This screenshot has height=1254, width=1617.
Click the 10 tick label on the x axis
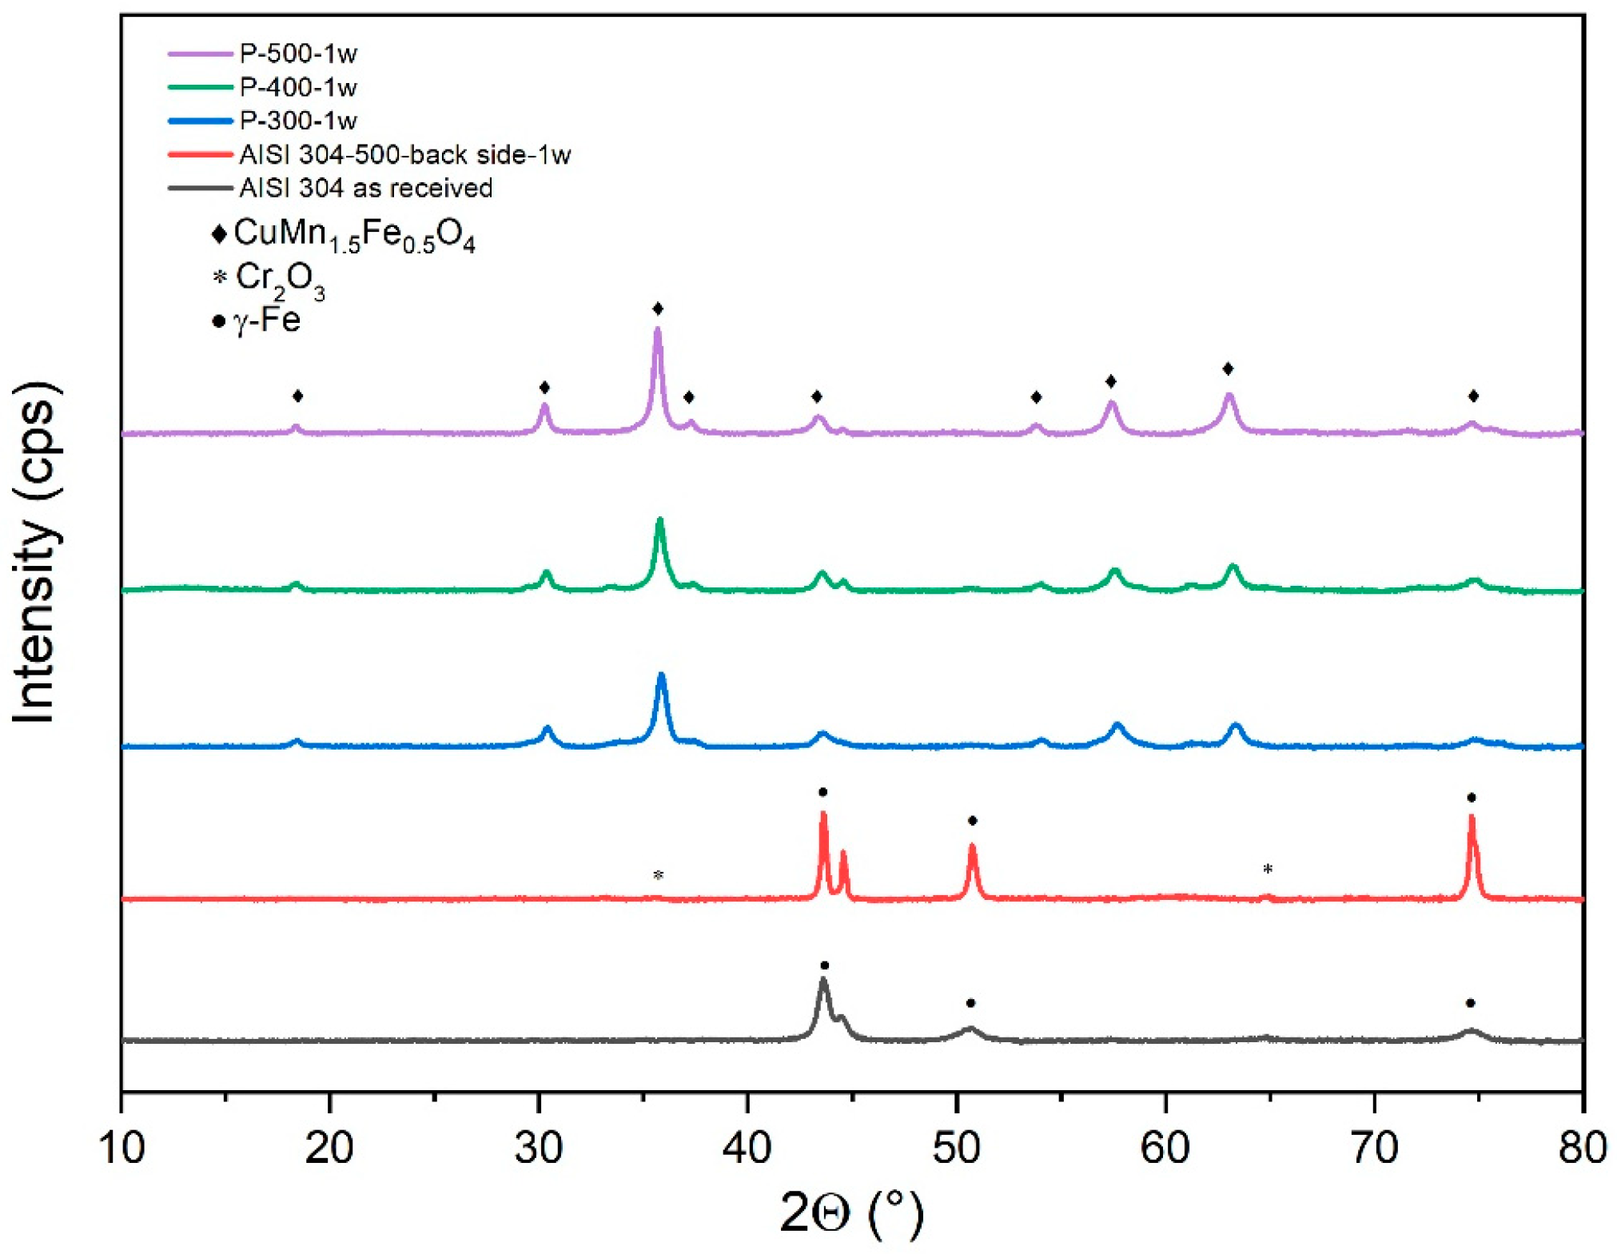pyautogui.click(x=121, y=1148)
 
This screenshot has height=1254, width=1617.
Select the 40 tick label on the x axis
pyautogui.click(x=747, y=1148)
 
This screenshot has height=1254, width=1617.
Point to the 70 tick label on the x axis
pyautogui.click(x=1374, y=1148)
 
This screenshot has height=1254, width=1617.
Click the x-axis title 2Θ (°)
pyautogui.click(x=851, y=1213)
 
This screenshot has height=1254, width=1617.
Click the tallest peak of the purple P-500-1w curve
pyautogui.click(x=658, y=330)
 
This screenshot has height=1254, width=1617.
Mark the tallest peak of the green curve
pyautogui.click(x=660, y=521)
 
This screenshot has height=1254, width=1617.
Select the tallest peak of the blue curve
pyautogui.click(x=661, y=676)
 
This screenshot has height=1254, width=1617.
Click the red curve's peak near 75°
pyautogui.click(x=1472, y=818)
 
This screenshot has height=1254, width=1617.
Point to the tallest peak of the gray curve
pyautogui.click(x=823, y=980)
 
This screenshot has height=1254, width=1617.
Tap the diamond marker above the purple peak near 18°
pyautogui.click(x=298, y=396)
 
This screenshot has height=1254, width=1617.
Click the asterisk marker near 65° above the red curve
pyautogui.click(x=1268, y=869)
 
